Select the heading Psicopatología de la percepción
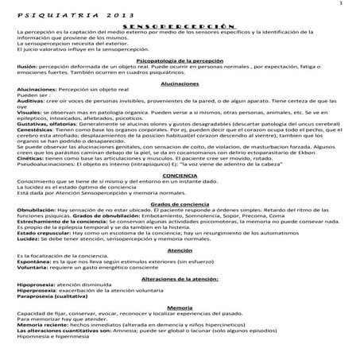tap(180, 60)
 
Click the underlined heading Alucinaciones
tap(180, 83)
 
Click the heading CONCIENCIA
tap(180, 174)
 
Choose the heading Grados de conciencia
tap(180, 203)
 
